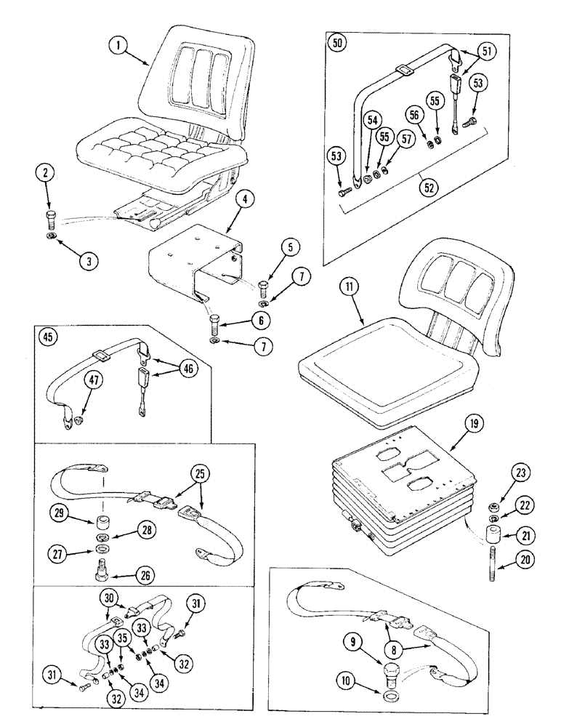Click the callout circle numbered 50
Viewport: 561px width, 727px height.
(337, 42)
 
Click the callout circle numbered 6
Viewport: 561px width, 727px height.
(239, 320)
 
